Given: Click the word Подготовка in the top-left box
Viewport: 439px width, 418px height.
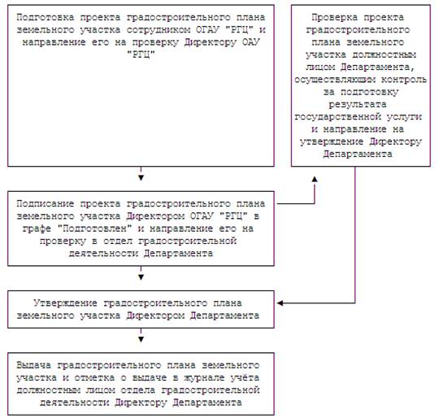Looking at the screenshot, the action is coord(46,18).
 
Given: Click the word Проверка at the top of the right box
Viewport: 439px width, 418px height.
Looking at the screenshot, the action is coord(335,18).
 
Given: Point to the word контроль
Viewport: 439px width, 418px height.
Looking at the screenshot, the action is coord(404,80).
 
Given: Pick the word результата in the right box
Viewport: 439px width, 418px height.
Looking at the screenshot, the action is coord(358,104).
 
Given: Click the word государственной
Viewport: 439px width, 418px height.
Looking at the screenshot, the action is coord(337,117).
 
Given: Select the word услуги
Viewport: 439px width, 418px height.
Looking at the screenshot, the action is coord(405,117).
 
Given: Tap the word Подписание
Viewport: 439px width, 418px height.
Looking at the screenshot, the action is coord(46,203).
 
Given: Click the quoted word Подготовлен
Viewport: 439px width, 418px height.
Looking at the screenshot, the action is coord(95,229).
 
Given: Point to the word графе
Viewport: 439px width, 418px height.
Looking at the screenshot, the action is coord(37,229).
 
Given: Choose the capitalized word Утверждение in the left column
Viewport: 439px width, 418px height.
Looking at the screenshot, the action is coord(66,303).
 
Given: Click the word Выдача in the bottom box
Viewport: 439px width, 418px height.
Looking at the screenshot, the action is coord(34,365).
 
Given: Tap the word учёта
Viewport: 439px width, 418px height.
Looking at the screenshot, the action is coord(246,377).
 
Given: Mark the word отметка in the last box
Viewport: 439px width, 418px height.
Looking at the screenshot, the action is coord(94,378).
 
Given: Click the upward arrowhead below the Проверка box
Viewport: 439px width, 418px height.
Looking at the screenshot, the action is coord(315,179).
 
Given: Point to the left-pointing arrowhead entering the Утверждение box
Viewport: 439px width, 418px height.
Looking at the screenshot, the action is coord(280,303).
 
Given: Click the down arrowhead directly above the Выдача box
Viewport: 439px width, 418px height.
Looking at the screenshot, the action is coord(141,339).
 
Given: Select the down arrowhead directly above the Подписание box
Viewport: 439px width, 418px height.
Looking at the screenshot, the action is coord(141,178).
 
